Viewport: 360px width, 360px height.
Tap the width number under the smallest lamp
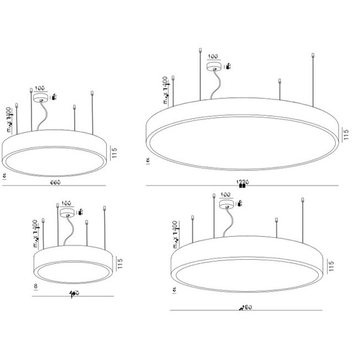[x=74, y=293]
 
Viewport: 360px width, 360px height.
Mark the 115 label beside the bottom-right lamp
[x=332, y=265]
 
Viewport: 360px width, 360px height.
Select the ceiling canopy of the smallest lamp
[x=67, y=211]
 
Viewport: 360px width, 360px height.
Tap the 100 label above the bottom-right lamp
[x=227, y=195]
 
